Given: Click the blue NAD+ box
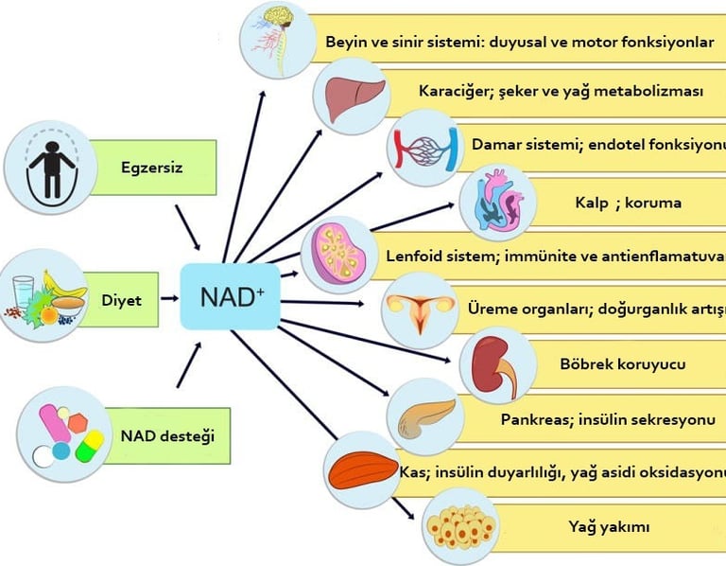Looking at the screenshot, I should point(231,296).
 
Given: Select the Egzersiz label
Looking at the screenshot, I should point(151,168).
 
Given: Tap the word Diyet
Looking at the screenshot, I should point(121,301).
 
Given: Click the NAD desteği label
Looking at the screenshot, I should point(167,436).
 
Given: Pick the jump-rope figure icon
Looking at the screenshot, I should point(43,168).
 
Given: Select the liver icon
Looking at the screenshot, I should point(351,96).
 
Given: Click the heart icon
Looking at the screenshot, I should point(497,202).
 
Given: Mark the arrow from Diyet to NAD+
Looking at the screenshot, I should point(169,298).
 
